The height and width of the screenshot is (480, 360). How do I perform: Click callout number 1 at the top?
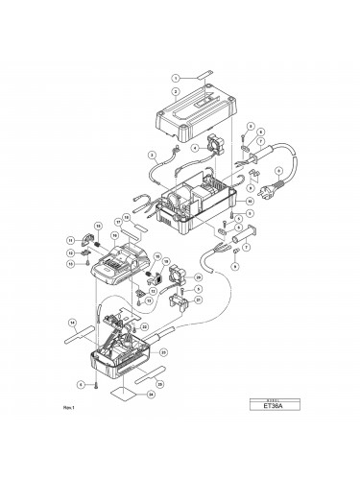coord(177,76)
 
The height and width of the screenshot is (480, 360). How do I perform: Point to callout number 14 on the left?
coord(72,321)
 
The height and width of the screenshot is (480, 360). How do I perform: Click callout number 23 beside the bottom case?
coord(163,352)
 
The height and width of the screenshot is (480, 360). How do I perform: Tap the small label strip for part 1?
coord(209,73)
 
